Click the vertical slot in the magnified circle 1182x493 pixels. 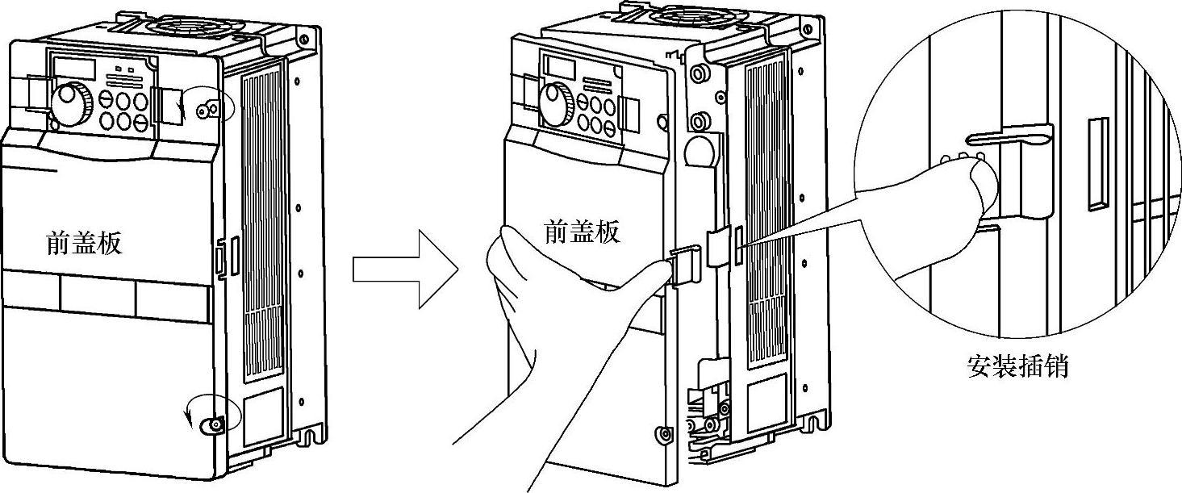point(1097,165)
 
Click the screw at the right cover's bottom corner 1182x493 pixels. point(664,434)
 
